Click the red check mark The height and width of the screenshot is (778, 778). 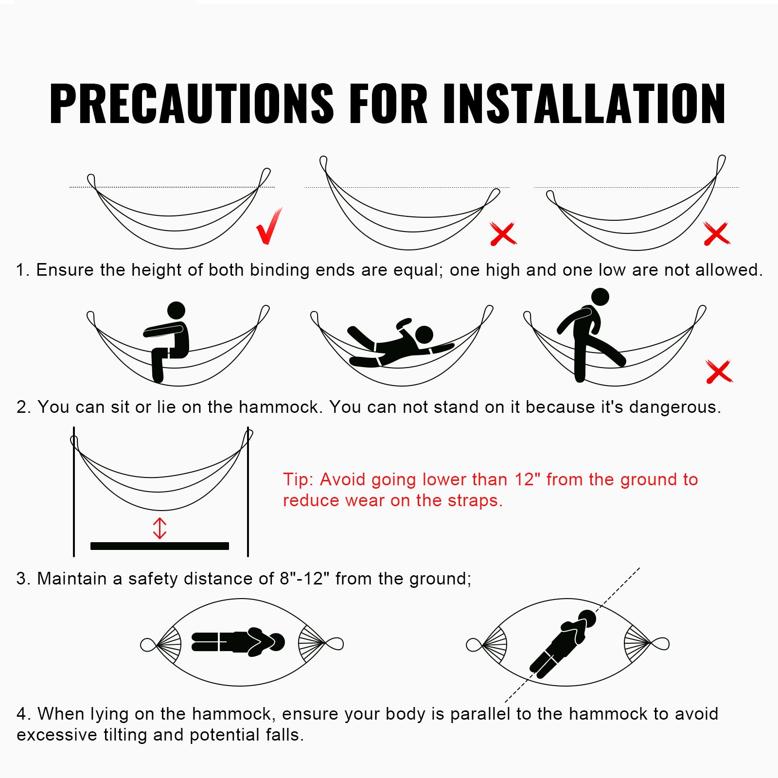pyautogui.click(x=268, y=227)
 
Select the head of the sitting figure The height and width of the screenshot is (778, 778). pyautogui.click(x=176, y=310)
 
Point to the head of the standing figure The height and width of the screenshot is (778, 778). pyautogui.click(x=600, y=297)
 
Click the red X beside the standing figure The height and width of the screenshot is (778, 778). pyautogui.click(x=719, y=372)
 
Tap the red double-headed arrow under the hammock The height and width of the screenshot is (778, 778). pyautogui.click(x=159, y=528)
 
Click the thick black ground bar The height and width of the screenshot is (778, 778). pyautogui.click(x=159, y=546)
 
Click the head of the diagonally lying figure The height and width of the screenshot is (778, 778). pyautogui.click(x=587, y=618)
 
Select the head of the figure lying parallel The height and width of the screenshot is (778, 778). pyautogui.click(x=277, y=642)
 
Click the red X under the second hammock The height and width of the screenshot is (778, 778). pyautogui.click(x=503, y=234)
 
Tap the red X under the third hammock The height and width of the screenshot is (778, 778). pyautogui.click(x=717, y=234)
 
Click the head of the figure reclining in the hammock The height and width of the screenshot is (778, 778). pyautogui.click(x=424, y=335)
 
